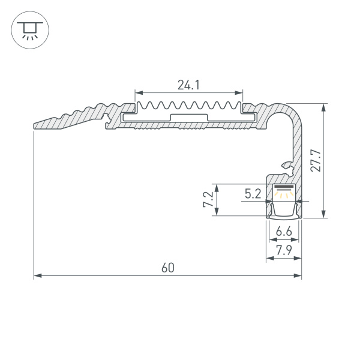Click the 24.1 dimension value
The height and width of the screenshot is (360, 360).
click(x=188, y=85)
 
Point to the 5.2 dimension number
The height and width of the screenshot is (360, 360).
click(x=253, y=193)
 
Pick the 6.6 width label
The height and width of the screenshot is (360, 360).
click(x=284, y=232)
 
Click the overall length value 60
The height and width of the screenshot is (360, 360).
click(x=167, y=268)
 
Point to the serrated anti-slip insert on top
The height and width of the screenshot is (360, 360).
click(x=188, y=111)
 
